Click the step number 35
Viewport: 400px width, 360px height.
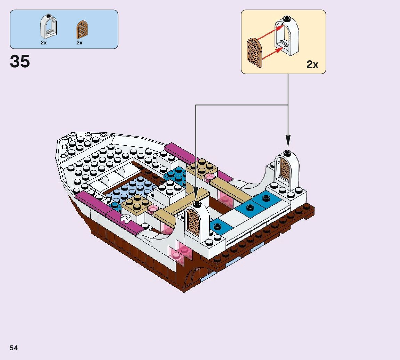[20, 61]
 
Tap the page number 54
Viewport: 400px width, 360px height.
[14, 348]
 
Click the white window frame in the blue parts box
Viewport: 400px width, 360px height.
[49, 27]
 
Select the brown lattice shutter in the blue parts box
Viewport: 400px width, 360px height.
[82, 30]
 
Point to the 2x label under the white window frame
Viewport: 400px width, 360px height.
[43, 43]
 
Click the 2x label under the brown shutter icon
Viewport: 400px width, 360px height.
[80, 43]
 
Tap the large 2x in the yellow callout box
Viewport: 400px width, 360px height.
[312, 65]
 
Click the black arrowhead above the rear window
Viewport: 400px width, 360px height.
[288, 141]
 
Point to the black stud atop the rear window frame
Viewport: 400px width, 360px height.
[287, 153]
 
